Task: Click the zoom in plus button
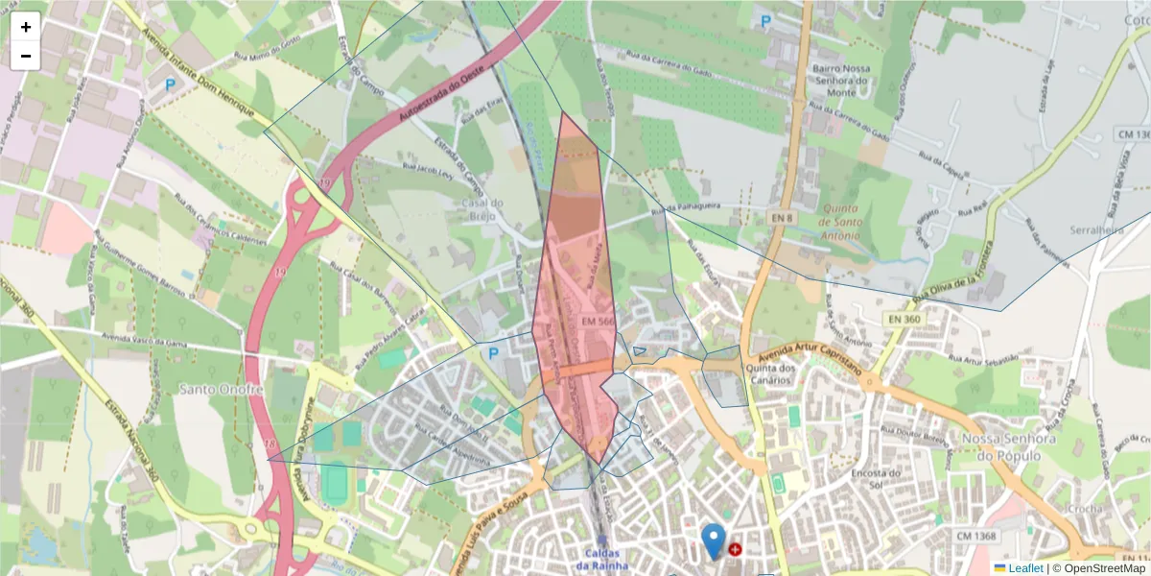(26, 27)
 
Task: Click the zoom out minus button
(26, 56)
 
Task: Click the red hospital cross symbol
(735, 550)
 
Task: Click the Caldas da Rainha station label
(601, 559)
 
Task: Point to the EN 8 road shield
(783, 219)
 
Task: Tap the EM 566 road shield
(597, 321)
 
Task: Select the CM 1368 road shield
(976, 535)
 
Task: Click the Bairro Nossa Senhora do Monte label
(841, 81)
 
